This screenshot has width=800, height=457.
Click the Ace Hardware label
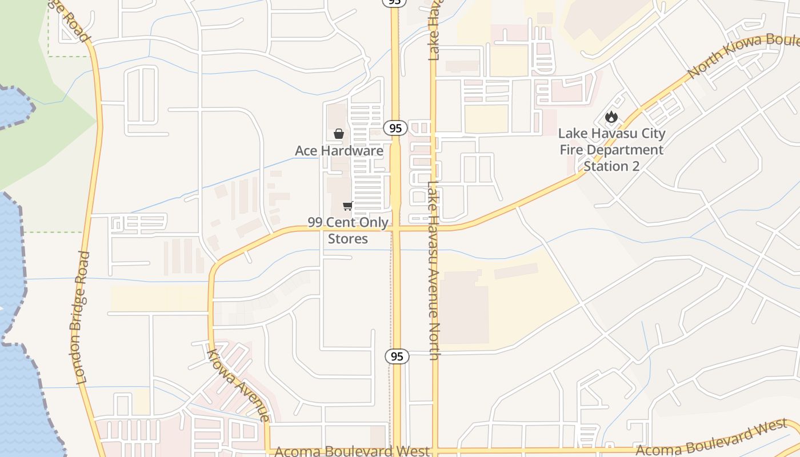339,151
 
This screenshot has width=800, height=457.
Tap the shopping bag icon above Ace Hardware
339,134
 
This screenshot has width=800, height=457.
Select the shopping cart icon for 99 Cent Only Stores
347,206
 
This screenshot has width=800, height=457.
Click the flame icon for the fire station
611,117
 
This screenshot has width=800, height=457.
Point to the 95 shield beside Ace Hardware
395,128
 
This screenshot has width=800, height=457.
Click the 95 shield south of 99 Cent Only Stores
397,356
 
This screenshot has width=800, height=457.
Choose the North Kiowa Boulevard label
743,56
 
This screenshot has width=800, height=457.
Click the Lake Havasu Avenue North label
434,271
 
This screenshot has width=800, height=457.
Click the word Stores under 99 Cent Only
347,238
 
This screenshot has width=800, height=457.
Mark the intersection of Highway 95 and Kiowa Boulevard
395,228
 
